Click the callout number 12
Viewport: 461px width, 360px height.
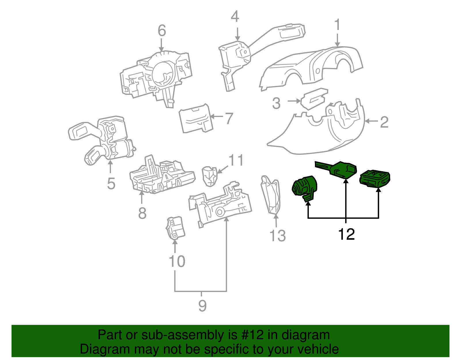[346, 234]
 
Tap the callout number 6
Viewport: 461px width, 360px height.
[162, 31]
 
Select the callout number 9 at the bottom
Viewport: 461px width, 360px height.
[202, 306]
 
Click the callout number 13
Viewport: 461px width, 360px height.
[277, 235]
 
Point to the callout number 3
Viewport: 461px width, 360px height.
[276, 103]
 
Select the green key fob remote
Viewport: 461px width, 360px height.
[375, 178]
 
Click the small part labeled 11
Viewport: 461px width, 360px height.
[209, 176]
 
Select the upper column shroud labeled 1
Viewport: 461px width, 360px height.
[311, 66]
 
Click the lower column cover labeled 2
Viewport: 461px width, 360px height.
[317, 135]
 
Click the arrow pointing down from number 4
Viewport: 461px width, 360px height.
[237, 34]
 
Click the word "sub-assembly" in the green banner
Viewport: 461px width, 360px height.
[186, 335]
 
